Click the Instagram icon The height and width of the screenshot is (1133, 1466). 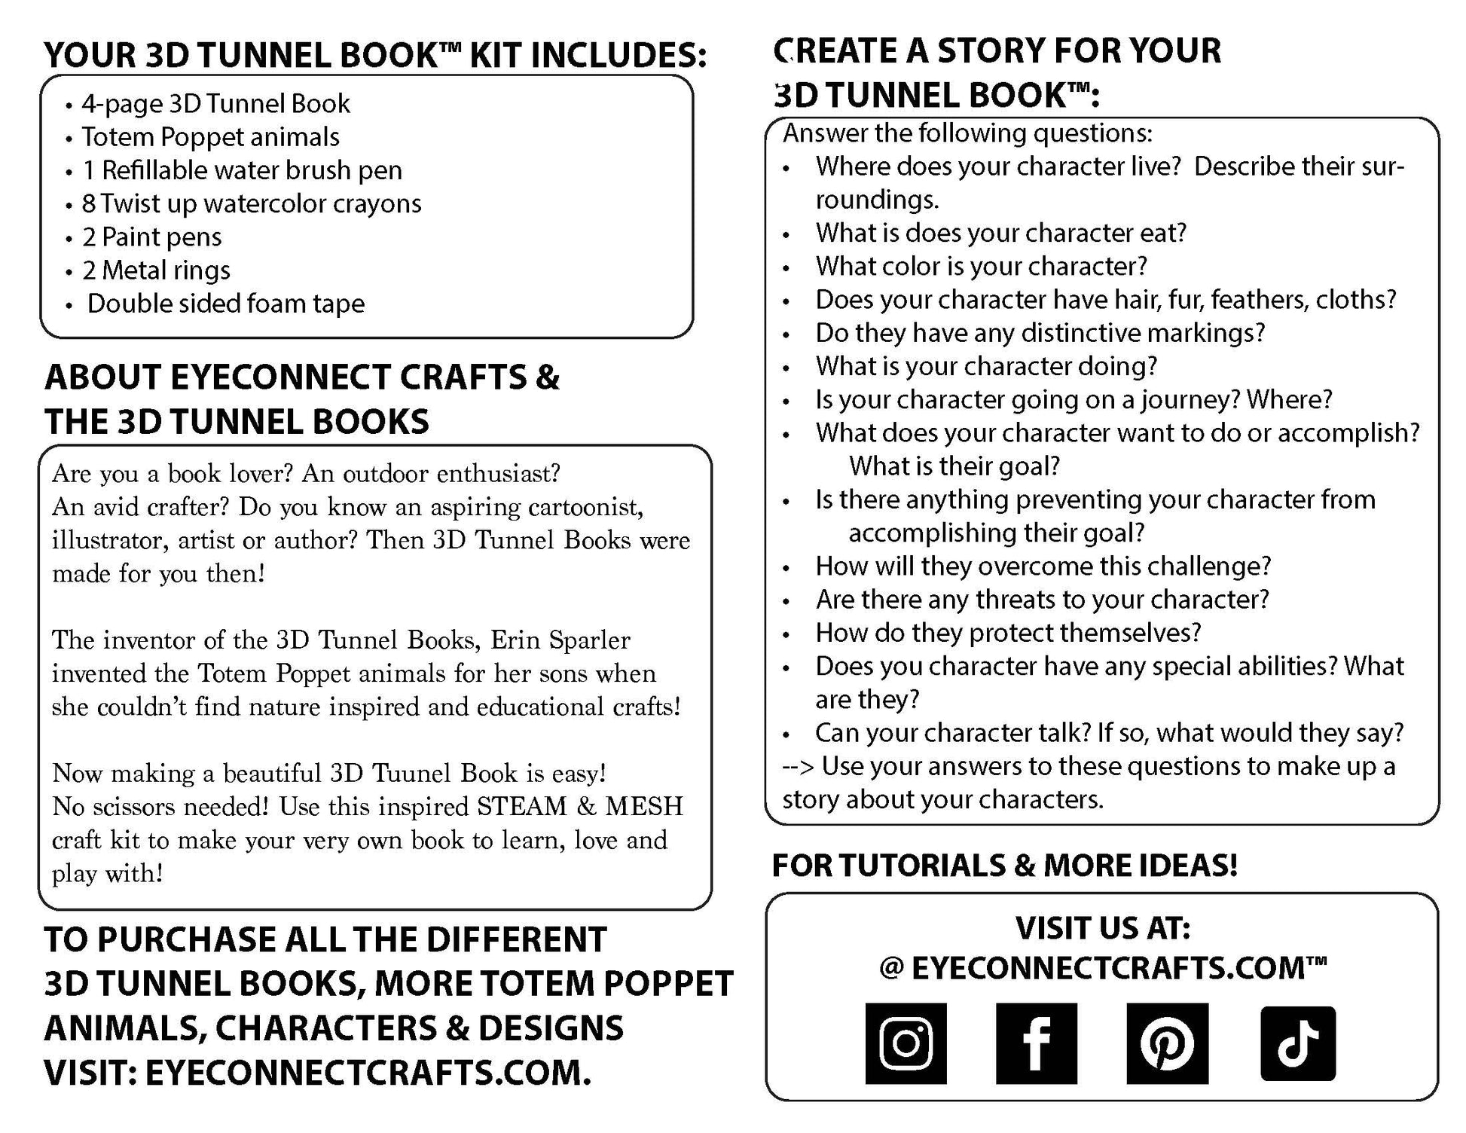(x=906, y=1043)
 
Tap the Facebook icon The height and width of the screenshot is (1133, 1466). (x=1036, y=1043)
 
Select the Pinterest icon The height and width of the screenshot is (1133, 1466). (x=1167, y=1043)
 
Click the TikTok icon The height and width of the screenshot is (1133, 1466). (x=1297, y=1043)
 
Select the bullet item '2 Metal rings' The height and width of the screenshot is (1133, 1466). (x=156, y=270)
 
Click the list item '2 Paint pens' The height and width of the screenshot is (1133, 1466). (x=151, y=237)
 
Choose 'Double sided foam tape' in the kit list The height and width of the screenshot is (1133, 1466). (x=225, y=304)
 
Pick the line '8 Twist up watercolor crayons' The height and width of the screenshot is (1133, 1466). (x=252, y=204)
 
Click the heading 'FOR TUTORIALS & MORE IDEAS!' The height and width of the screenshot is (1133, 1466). (x=1004, y=866)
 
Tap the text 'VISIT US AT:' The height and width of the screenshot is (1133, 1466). (x=1102, y=928)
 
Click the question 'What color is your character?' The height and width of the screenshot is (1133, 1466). (x=981, y=267)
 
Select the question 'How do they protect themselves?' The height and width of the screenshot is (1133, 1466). (x=1008, y=633)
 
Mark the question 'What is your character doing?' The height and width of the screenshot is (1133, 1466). (x=985, y=366)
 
